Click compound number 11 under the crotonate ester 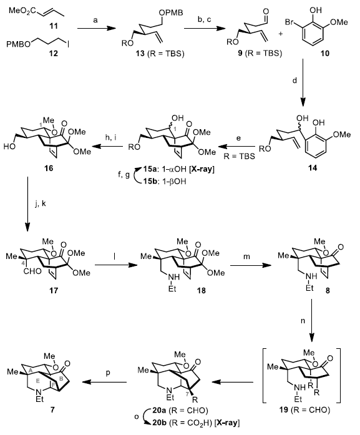(x=54, y=26)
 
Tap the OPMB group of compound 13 (x=171, y=12)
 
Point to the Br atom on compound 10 (x=289, y=22)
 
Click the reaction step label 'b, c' (x=204, y=20)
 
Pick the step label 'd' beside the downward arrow (x=294, y=81)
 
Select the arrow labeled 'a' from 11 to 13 (x=96, y=28)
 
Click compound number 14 (x=313, y=168)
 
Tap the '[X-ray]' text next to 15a (x=202, y=169)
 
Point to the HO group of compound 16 (x=9, y=147)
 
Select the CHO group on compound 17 (x=32, y=271)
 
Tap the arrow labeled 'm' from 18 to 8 (x=250, y=265)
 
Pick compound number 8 (x=328, y=291)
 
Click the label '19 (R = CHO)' (x=304, y=410)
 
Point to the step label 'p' (x=108, y=373)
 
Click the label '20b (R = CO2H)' (x=183, y=423)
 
